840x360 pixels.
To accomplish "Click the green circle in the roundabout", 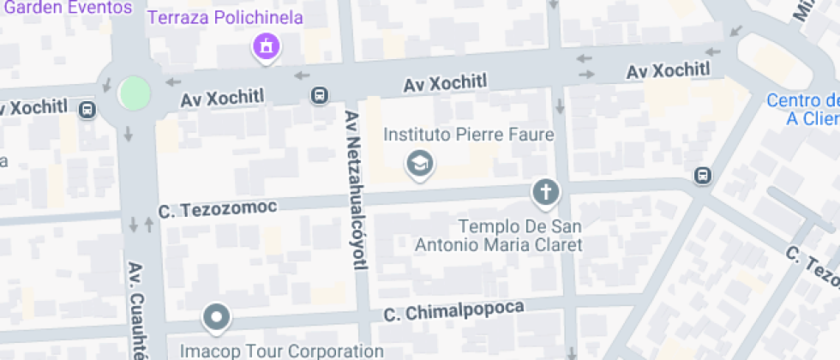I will tap(135, 93).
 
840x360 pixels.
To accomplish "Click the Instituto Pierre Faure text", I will tap(457, 135).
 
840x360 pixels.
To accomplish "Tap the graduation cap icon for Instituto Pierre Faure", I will tap(419, 162).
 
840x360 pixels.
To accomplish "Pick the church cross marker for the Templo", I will tap(545, 193).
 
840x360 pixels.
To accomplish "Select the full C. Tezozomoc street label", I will tap(218, 209).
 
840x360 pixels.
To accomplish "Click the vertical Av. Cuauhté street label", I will tap(136, 310).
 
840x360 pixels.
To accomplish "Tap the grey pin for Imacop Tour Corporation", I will tap(217, 317).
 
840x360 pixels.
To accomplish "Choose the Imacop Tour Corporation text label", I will tap(281, 351).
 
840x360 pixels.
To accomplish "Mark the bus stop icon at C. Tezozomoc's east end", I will tap(702, 176).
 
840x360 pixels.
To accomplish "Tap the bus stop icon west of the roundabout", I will tap(87, 110).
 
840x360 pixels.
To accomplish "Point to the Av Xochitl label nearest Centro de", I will tap(669, 71).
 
